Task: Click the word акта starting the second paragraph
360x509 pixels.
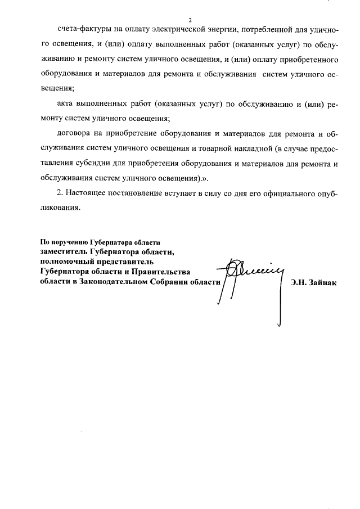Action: coord(66,103)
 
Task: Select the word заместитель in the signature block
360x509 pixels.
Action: coord(64,252)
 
